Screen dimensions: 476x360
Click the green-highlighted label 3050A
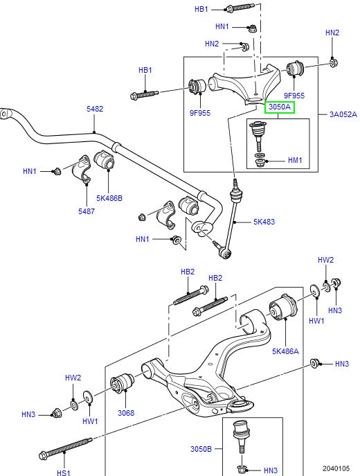[279, 107]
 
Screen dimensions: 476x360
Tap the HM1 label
[295, 161]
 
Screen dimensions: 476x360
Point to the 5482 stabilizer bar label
[95, 109]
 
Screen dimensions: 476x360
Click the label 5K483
[264, 222]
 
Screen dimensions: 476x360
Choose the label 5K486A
[285, 351]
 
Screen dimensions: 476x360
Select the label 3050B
[201, 448]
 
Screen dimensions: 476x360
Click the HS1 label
[63, 473]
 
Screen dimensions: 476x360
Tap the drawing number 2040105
[336, 468]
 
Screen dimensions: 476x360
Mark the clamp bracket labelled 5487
[83, 172]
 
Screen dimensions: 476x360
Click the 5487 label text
[87, 211]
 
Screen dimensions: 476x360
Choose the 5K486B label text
[109, 198]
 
